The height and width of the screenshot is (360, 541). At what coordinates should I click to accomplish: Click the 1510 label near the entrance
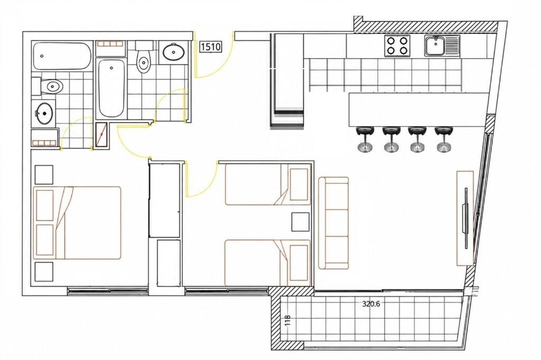pos(210,46)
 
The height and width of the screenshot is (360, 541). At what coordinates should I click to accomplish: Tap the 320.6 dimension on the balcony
pos(371,304)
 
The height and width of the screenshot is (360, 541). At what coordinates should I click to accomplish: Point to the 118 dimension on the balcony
pos(288,320)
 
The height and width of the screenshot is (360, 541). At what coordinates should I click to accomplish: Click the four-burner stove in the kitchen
pos(397,46)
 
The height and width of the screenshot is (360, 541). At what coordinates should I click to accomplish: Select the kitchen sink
pos(442,46)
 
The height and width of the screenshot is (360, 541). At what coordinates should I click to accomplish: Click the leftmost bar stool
pos(365,139)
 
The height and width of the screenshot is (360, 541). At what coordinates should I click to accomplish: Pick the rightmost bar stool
pos(443,139)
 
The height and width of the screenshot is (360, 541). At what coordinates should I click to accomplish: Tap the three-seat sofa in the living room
pos(333,223)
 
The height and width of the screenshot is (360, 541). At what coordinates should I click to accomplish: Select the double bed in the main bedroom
pos(77,223)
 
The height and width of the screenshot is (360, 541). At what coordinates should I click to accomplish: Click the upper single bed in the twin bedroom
pos(268,184)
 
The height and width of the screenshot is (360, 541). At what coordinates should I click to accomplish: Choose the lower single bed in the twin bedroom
pos(268,263)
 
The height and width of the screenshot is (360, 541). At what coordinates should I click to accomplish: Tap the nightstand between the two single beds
pos(300,222)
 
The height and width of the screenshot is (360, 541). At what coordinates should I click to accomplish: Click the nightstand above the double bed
pos(44,175)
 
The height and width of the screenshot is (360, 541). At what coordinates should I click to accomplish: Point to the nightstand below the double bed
pos(44,271)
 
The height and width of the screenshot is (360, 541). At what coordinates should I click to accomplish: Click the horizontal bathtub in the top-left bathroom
pos(62,56)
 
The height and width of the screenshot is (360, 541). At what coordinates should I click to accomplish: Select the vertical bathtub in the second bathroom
pos(111,88)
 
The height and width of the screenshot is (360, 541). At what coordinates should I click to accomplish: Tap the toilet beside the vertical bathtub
pos(144,57)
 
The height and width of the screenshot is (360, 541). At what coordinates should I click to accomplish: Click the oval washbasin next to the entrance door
pos(173,52)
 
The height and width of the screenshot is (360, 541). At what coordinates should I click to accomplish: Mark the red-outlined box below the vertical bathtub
pos(101,136)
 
